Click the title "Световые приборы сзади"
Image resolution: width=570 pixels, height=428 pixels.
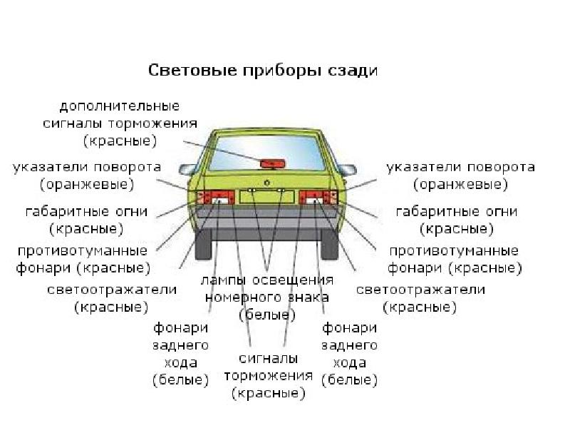coord(262,71)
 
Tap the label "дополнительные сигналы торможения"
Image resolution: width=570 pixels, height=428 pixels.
coord(120,123)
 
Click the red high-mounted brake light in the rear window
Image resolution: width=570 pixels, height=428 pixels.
coord(271,163)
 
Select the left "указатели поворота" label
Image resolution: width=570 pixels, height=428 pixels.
coord(86,175)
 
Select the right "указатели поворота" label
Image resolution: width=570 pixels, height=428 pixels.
coord(460,175)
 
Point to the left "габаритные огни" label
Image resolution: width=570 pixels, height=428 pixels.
coord(86,220)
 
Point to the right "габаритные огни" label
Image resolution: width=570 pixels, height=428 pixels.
coord(457,220)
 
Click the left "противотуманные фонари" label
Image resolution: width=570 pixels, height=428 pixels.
coord(83,260)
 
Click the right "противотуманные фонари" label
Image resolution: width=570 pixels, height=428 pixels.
coord(454,260)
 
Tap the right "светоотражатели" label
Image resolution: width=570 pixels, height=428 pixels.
coord(420,298)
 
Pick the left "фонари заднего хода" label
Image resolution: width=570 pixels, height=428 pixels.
coord(181,354)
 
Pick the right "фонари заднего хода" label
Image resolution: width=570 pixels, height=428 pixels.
coord(349,354)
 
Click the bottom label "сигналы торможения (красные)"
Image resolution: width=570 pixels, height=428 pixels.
coord(268,375)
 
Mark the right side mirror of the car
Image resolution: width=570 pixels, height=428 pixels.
coord(348,170)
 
